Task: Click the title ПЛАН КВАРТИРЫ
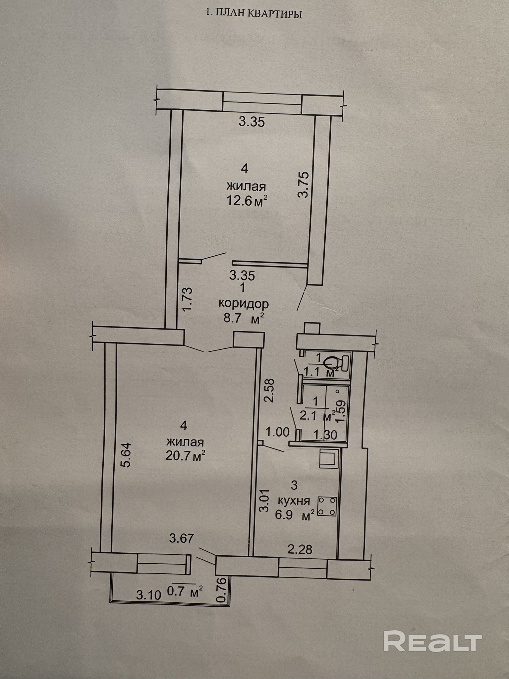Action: coord(254,14)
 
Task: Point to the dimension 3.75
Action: coord(304,185)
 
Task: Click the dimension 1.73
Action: coord(187,300)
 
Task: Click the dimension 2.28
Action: coord(300,550)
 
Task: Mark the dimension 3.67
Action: coord(181,538)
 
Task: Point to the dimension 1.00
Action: coord(277,432)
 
